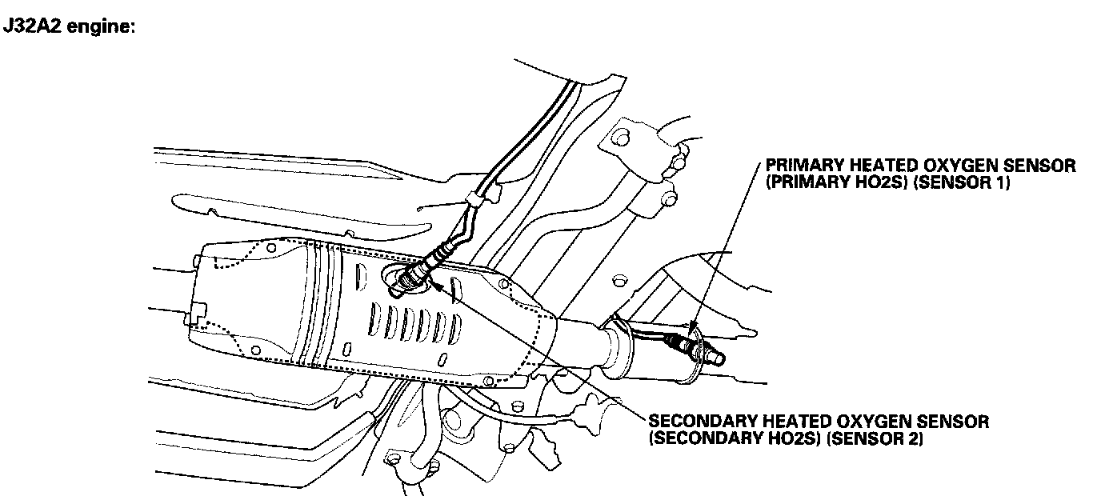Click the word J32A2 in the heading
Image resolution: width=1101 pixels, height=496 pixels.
34,26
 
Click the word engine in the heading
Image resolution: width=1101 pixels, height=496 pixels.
102,27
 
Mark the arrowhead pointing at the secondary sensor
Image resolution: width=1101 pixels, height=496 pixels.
439,282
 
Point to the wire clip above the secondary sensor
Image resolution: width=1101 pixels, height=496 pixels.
481,198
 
